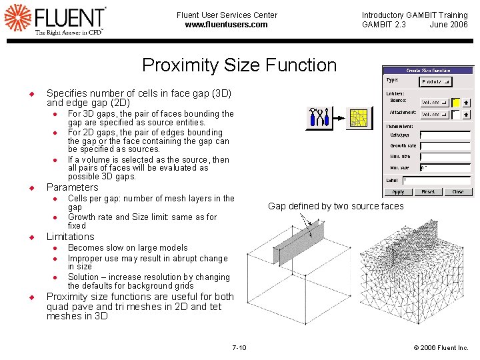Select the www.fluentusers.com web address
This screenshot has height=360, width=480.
point(227,25)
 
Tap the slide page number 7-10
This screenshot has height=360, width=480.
point(239,347)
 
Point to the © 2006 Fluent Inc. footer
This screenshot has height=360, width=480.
point(441,347)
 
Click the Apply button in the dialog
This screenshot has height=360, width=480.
point(398,191)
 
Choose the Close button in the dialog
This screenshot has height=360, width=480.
point(458,191)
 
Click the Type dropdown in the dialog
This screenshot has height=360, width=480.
point(437,81)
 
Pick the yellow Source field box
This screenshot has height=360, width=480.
point(456,103)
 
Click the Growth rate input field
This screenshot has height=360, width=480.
point(445,145)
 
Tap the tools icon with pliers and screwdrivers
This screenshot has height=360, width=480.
point(319,118)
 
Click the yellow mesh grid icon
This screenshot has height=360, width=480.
point(361,118)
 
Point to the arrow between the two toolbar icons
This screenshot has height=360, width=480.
point(341,119)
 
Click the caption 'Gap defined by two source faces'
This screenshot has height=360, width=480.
point(335,206)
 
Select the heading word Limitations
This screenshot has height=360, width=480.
point(71,237)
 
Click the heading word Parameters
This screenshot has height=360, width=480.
point(72,187)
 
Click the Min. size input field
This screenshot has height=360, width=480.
point(445,168)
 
